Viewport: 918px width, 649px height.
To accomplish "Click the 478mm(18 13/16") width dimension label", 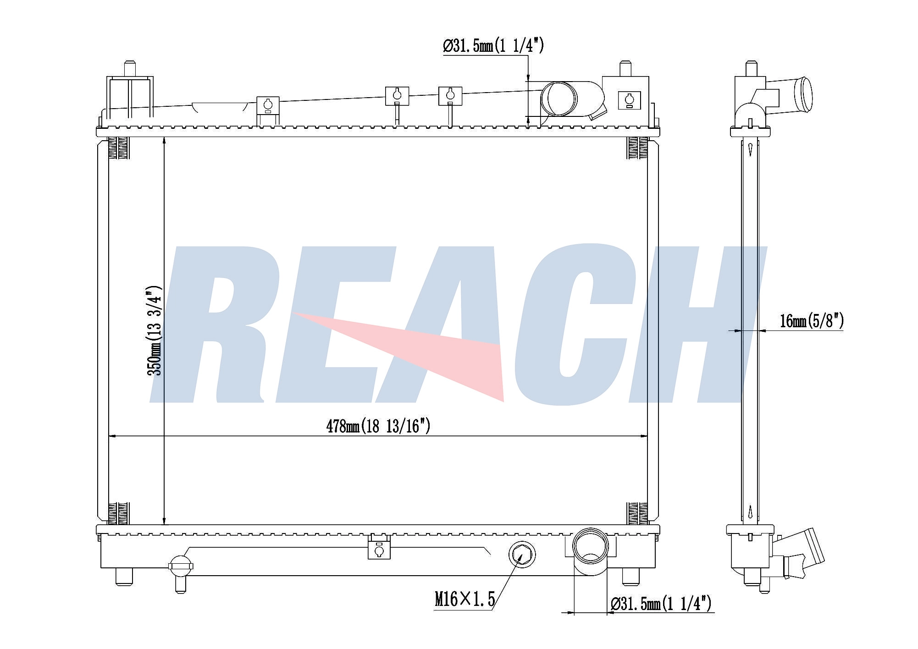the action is click(378, 427).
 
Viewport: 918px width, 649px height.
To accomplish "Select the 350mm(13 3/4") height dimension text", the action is click(155, 330).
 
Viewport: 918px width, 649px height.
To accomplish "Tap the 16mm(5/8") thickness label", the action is click(812, 321).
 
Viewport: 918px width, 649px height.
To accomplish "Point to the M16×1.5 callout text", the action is click(465, 599).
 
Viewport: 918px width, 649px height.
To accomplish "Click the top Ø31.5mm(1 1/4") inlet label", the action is click(493, 46).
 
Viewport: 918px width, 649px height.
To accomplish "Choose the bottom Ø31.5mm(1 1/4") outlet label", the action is click(661, 604).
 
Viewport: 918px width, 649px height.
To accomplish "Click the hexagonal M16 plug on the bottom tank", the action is click(522, 555).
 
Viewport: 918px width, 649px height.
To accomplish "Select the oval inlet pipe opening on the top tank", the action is click(559, 99).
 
